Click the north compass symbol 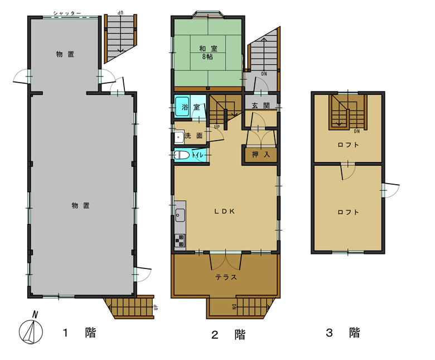[31, 329]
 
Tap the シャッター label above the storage [67, 13]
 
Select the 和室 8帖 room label [208, 52]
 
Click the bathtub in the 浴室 [182, 107]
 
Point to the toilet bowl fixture [182, 155]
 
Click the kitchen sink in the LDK [180, 215]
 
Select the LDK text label [225, 212]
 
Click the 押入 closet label [261, 154]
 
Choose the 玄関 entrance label [261, 105]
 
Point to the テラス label [226, 277]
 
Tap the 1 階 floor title [79, 333]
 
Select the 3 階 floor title [343, 333]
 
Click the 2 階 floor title [229, 335]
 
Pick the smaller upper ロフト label [348, 145]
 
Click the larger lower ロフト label [348, 212]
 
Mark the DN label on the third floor [357, 131]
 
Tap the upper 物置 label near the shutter [65, 54]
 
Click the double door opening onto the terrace [226, 261]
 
